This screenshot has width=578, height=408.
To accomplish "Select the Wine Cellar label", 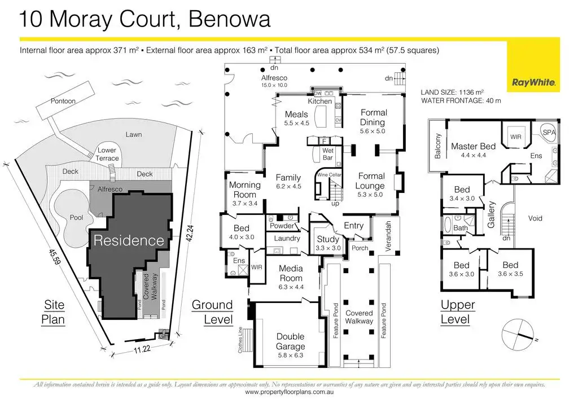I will [x=330, y=175].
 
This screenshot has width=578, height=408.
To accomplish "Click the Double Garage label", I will [x=290, y=341].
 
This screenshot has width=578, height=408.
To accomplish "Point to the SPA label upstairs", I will [x=549, y=131].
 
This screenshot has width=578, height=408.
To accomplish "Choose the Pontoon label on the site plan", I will [x=63, y=101].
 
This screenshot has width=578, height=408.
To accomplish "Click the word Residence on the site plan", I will [x=129, y=240].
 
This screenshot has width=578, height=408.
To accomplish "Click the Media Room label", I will [x=291, y=273].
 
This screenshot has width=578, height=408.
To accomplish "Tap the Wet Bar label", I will [x=328, y=154].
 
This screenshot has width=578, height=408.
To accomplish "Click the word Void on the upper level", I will [x=536, y=218].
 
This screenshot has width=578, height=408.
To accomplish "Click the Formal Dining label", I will [x=373, y=117].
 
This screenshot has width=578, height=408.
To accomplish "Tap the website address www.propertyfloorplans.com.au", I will [x=290, y=392].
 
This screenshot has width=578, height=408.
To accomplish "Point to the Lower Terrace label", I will [x=107, y=154].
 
